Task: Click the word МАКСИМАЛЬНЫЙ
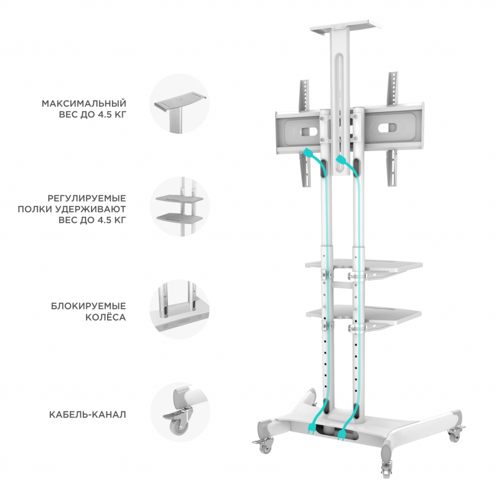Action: click(x=84, y=104)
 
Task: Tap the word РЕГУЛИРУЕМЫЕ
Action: click(x=87, y=198)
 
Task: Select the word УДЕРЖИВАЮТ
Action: click(x=90, y=209)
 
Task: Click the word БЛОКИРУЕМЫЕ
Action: click(x=89, y=306)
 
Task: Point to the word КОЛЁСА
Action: click(x=106, y=317)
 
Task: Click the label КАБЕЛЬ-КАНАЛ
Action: click(x=88, y=415)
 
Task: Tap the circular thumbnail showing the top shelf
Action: click(x=179, y=104)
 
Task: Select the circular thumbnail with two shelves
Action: click(x=179, y=206)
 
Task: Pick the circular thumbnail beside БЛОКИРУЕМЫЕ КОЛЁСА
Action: click(x=179, y=310)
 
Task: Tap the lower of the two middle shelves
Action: click(x=364, y=312)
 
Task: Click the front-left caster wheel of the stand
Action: click(x=263, y=445)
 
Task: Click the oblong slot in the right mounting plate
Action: click(x=387, y=128)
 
